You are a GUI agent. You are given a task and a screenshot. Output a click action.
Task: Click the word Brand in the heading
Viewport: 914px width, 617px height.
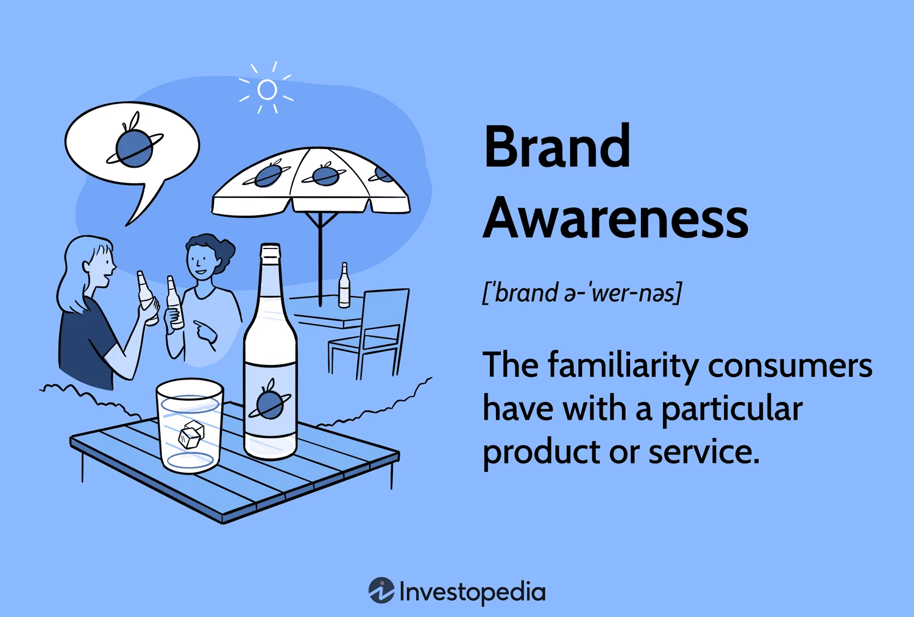click(557, 146)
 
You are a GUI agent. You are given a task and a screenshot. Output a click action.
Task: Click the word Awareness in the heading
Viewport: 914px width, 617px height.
click(615, 217)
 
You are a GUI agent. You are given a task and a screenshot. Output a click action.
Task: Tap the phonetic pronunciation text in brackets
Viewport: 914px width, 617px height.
click(582, 292)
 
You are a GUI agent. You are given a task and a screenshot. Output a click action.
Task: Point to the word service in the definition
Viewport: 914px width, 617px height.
click(704, 453)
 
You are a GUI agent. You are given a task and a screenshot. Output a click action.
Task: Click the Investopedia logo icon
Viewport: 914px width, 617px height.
click(381, 590)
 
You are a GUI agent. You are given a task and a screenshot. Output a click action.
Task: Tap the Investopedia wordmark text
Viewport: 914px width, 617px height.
click(472, 592)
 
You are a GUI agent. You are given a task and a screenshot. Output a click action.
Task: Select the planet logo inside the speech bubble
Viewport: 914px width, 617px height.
click(134, 144)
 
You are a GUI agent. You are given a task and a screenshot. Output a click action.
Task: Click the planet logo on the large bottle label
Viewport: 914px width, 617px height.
click(270, 401)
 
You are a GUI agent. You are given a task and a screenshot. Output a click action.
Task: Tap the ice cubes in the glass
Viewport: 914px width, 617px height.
click(190, 435)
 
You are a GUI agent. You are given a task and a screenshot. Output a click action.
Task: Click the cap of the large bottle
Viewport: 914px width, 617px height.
click(270, 250)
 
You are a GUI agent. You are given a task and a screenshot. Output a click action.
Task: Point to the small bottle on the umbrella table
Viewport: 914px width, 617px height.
click(344, 285)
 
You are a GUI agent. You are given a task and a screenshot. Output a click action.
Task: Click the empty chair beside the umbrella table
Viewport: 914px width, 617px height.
click(369, 333)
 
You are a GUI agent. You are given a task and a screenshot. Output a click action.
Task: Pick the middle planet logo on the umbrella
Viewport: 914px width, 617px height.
click(325, 175)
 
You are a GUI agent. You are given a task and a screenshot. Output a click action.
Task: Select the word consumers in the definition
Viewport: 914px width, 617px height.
click(790, 366)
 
